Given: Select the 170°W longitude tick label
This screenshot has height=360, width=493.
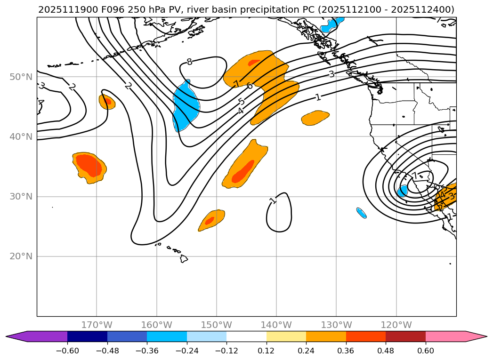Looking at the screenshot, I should (97, 325).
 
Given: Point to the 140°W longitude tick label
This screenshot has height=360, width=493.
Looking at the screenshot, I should (276, 325).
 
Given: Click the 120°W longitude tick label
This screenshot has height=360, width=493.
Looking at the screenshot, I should (396, 325).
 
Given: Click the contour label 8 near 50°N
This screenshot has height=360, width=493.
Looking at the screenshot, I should (189, 62).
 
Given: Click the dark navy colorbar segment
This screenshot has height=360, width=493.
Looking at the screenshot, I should (87, 336).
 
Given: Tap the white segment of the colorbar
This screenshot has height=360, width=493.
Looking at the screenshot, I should (246, 336).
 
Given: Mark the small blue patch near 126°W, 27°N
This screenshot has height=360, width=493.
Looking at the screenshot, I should (361, 213).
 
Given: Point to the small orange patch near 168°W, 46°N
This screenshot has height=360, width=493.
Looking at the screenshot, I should (107, 102).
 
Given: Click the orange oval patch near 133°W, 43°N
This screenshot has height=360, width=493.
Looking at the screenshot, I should (315, 118).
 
